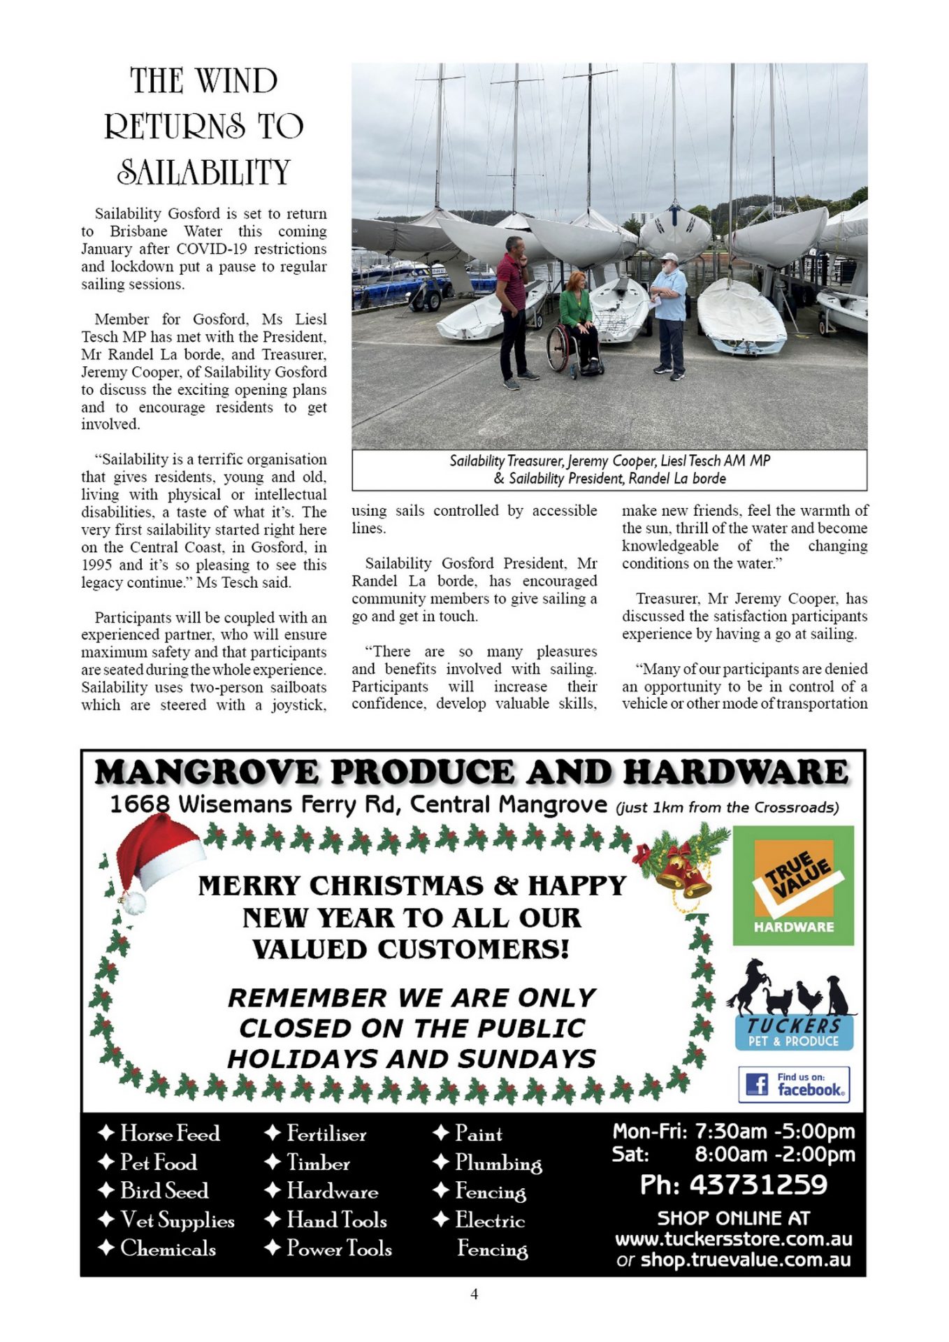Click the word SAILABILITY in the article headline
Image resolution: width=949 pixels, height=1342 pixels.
(x=203, y=173)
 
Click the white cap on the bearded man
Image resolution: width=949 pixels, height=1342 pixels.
(x=669, y=257)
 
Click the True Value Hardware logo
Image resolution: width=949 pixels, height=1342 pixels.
(x=793, y=886)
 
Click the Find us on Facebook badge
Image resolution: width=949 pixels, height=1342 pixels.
(x=794, y=1084)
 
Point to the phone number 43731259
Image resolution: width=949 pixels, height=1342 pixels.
(x=758, y=1185)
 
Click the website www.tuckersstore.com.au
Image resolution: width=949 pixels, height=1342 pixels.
(x=733, y=1239)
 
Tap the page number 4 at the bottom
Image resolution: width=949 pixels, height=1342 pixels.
(x=474, y=1294)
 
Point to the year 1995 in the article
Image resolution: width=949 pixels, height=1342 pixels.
(x=97, y=565)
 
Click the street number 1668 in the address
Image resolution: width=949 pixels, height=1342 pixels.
(x=140, y=805)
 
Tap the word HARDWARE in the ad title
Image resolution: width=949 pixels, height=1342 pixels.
(x=736, y=772)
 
